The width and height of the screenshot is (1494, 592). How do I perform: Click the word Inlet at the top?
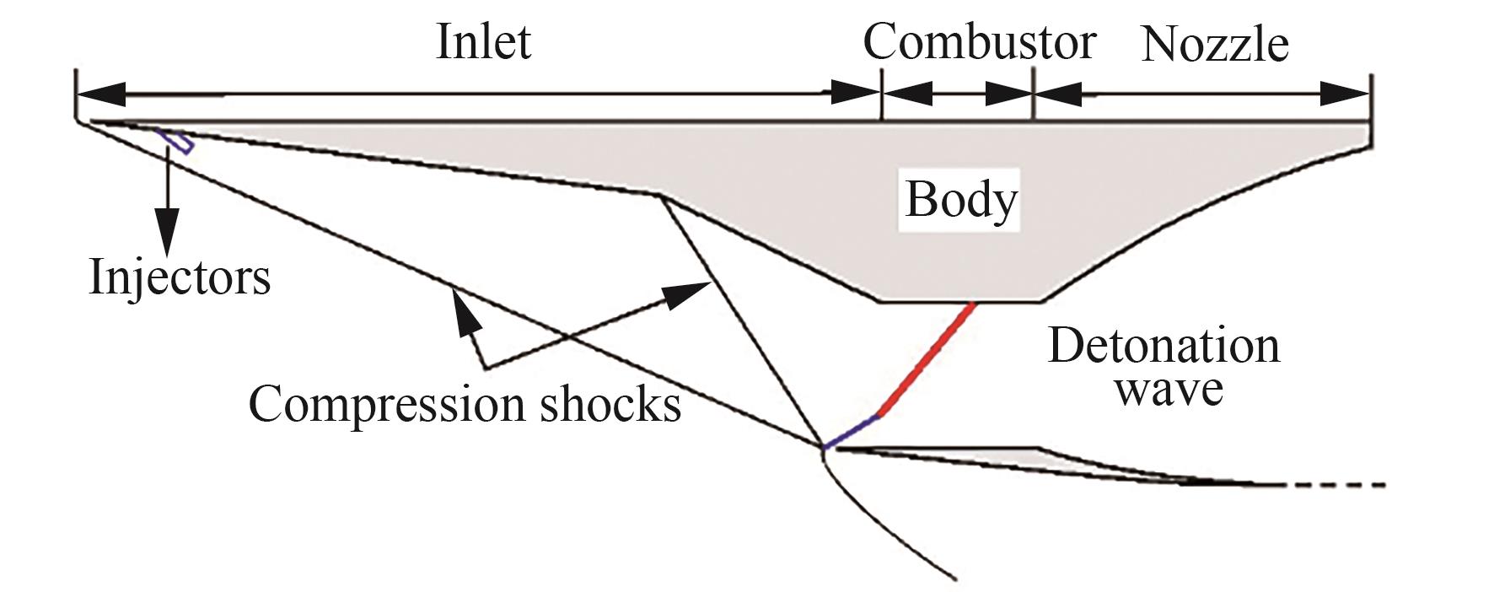point(483,41)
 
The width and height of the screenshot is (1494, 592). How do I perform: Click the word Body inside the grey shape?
point(961,201)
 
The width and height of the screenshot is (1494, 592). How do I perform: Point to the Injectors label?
point(180,277)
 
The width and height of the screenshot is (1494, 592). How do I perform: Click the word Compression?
point(387,405)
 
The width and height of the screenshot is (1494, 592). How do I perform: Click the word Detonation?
point(1163,347)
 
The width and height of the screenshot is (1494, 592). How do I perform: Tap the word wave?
point(1169,389)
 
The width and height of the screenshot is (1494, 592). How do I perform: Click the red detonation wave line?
point(927,358)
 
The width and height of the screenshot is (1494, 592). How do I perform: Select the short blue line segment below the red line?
point(852,431)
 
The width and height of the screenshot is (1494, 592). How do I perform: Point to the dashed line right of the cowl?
point(1332,485)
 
